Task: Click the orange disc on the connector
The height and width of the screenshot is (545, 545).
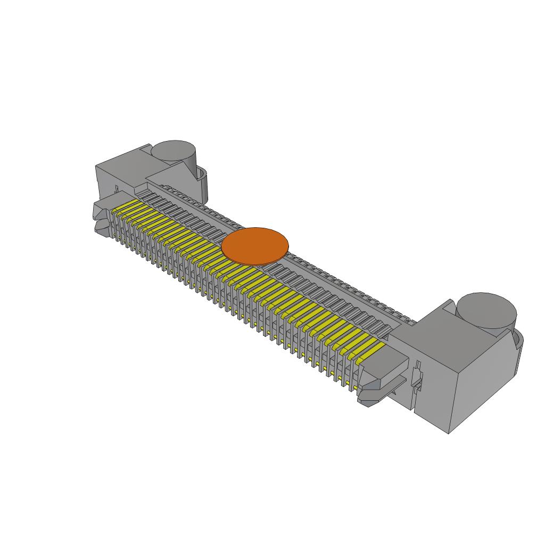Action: [255, 245]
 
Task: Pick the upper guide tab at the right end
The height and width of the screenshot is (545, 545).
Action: [382, 367]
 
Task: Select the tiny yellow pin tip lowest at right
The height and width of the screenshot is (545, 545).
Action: [348, 384]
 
